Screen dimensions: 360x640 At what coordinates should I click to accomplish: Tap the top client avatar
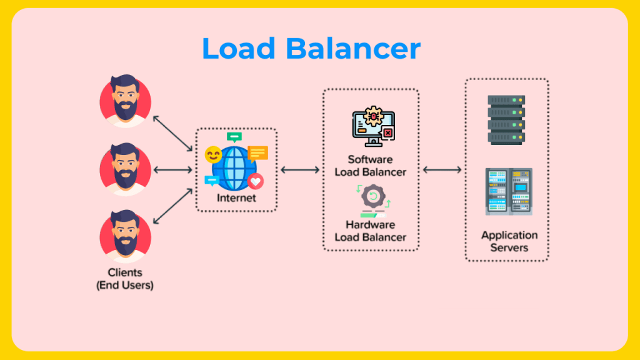125,101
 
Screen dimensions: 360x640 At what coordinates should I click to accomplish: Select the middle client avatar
125,169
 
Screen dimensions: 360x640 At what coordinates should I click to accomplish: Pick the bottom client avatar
125,237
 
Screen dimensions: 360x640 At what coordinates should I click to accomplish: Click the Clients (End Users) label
125,279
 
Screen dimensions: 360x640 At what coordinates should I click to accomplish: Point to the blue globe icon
234,167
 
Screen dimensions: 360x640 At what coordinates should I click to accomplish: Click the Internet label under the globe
236,198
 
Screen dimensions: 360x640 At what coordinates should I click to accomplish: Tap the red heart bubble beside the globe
255,181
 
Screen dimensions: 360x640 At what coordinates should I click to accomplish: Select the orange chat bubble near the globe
257,152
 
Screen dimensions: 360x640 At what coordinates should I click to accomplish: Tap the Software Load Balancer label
370,166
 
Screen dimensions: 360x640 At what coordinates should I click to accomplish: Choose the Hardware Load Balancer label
370,230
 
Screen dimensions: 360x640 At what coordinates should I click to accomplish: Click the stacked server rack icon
506,119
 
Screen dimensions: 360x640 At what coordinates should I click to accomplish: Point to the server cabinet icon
508,191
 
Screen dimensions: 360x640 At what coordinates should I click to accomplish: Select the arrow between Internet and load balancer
300,169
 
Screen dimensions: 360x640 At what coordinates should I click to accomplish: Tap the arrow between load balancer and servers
442,169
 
